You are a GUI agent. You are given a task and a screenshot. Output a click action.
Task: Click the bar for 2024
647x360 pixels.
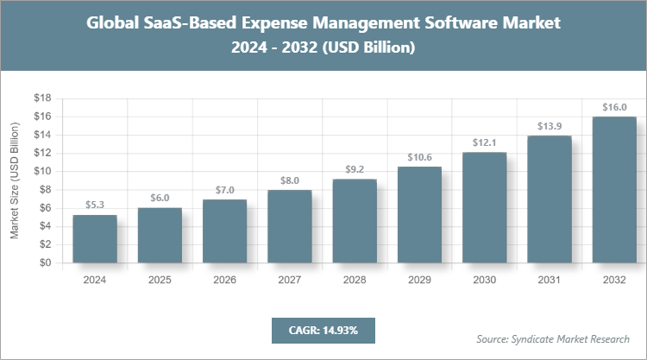click(95, 239)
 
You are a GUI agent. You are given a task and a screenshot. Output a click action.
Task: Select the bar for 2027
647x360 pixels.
click(289, 227)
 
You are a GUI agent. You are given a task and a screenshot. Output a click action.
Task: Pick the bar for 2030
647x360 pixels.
click(484, 208)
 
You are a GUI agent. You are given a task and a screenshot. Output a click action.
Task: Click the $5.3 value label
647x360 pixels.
click(95, 205)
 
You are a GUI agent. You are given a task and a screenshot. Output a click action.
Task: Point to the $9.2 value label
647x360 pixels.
click(354, 169)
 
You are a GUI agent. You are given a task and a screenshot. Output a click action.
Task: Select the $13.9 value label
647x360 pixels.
click(549, 126)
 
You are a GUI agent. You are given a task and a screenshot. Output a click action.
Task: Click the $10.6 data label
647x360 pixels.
click(418, 156)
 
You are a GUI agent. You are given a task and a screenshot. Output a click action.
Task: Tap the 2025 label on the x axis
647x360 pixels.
click(160, 280)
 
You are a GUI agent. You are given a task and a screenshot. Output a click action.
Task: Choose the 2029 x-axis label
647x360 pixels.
click(418, 280)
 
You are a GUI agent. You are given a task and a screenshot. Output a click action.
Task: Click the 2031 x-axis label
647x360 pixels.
click(549, 280)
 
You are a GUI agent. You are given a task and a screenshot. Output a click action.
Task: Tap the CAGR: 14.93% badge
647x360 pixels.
click(323, 330)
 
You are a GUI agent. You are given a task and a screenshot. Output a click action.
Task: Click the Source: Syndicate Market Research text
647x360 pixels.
click(552, 338)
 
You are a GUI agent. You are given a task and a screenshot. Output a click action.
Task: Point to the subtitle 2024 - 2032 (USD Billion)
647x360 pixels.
click(323, 48)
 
